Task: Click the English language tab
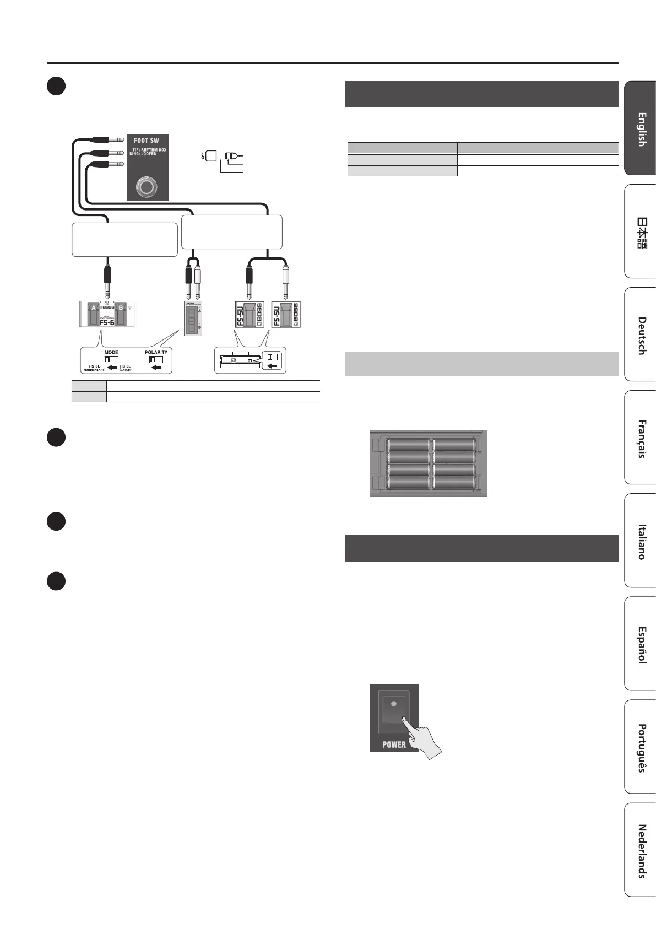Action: tap(641, 129)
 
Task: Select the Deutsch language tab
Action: tap(641, 335)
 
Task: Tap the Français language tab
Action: tap(641, 438)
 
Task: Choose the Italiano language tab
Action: tap(641, 541)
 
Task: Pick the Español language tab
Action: tap(641, 644)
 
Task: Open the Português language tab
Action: tap(641, 747)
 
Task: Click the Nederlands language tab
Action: tap(641, 850)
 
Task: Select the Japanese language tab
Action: tap(641, 232)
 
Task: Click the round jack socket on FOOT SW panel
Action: tap(147, 187)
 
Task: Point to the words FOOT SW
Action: tap(147, 141)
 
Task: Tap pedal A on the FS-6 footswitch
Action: tap(90, 314)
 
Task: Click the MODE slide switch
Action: tap(111, 360)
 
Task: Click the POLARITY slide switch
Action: tap(156, 360)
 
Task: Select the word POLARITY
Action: tap(156, 352)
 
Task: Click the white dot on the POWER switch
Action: tap(393, 704)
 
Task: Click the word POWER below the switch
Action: tap(394, 744)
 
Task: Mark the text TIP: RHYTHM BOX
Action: tap(149, 149)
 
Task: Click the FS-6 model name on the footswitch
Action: tap(106, 323)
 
